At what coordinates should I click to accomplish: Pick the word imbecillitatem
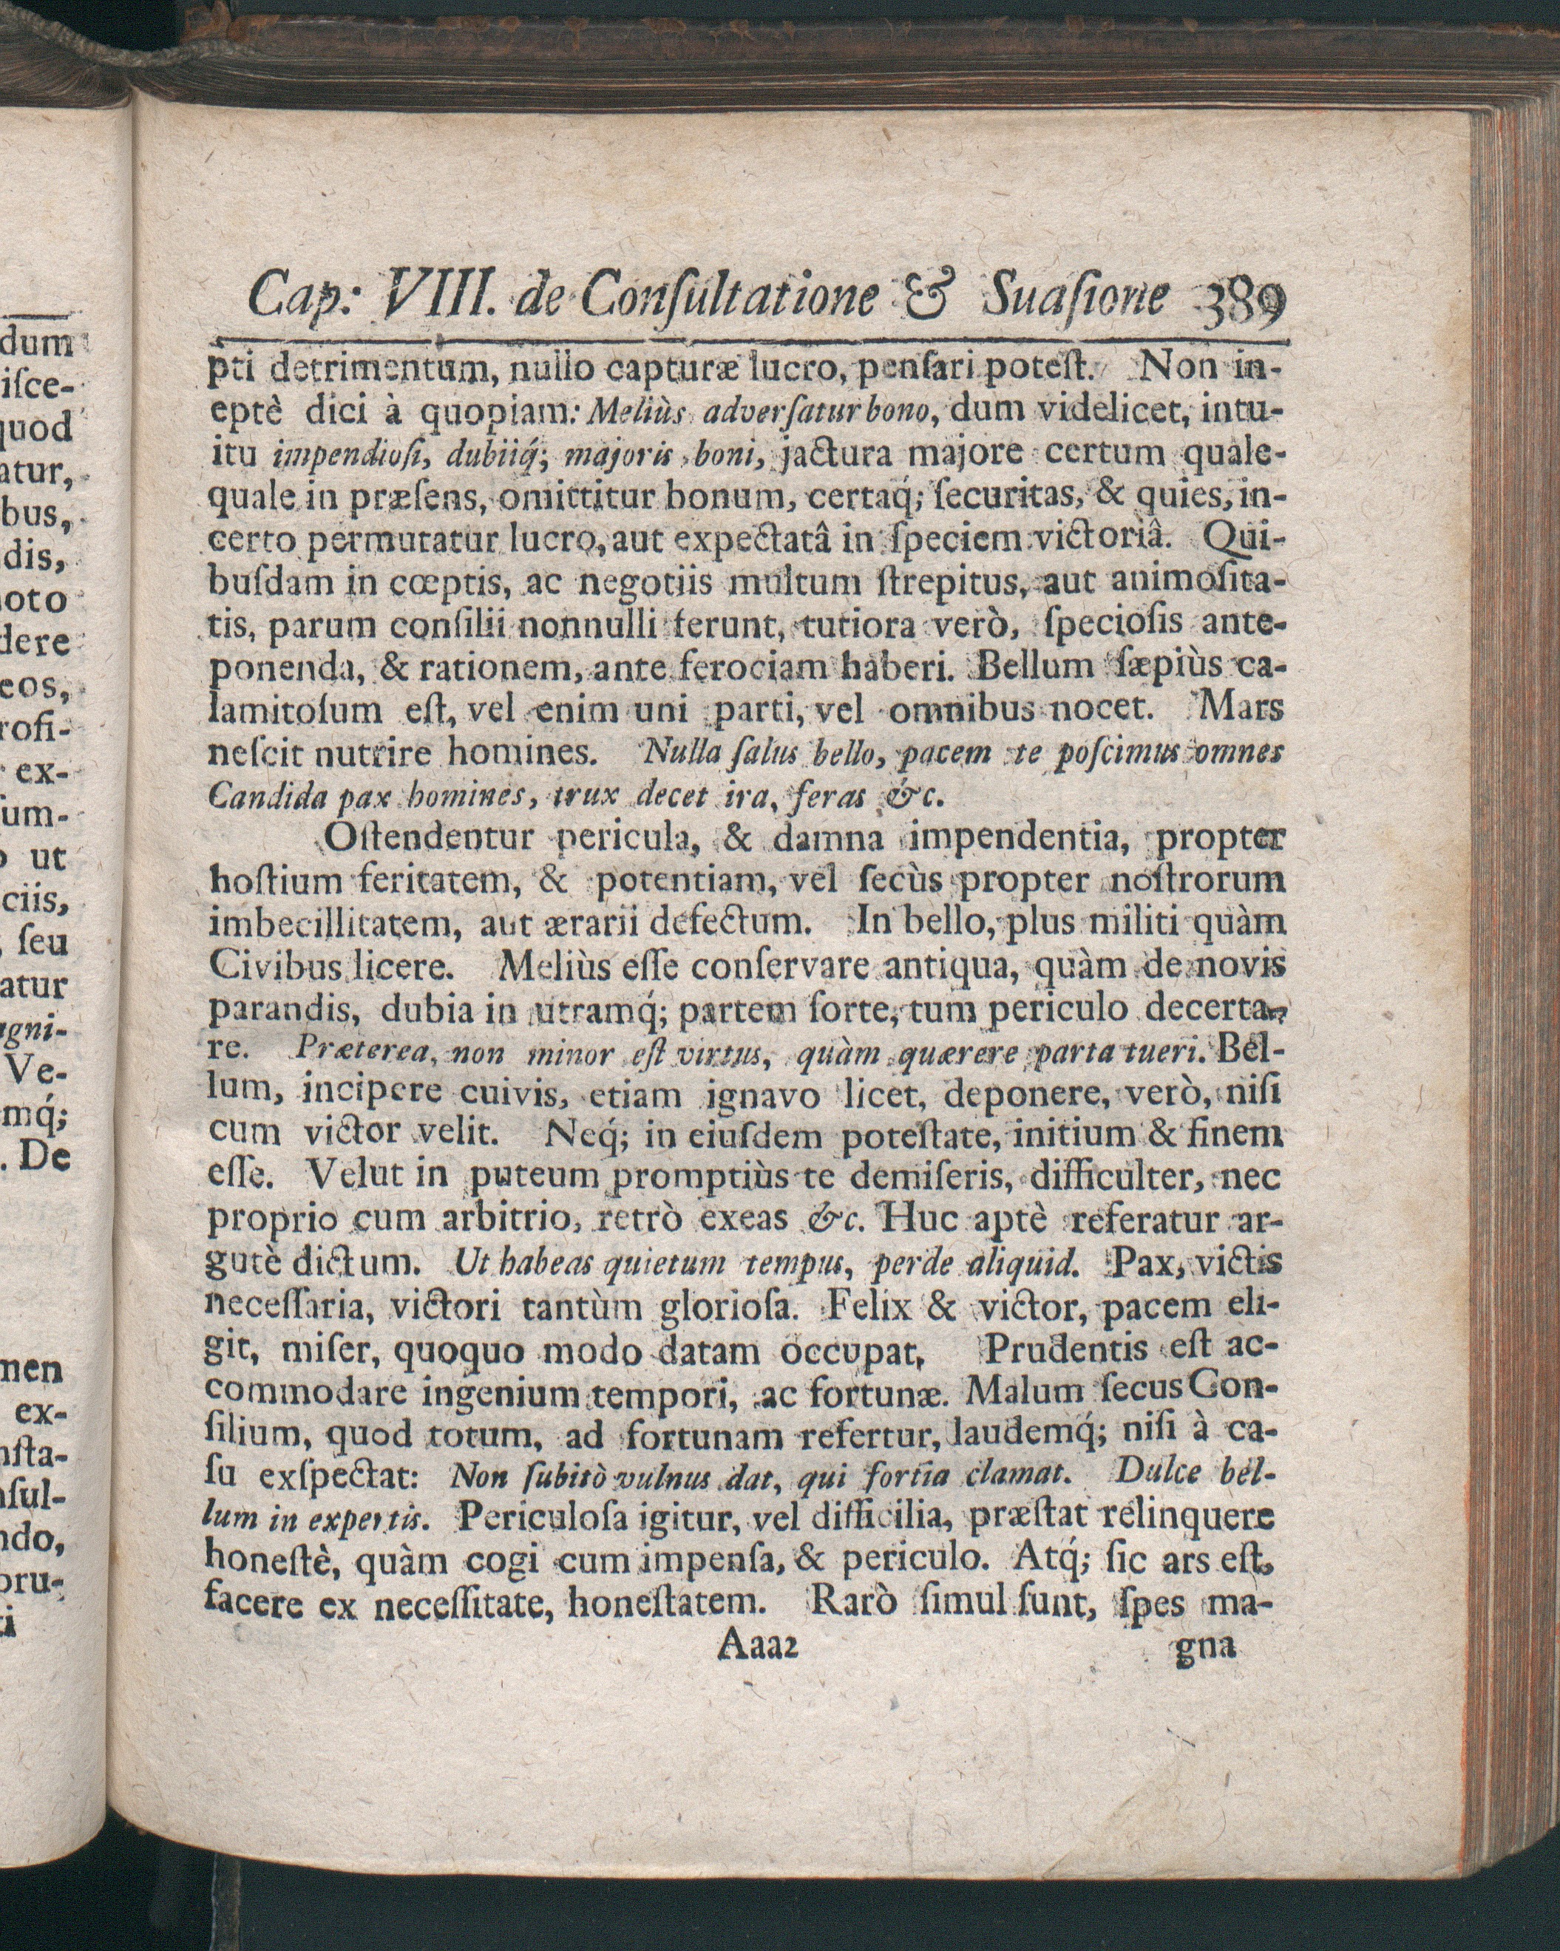(337, 924)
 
